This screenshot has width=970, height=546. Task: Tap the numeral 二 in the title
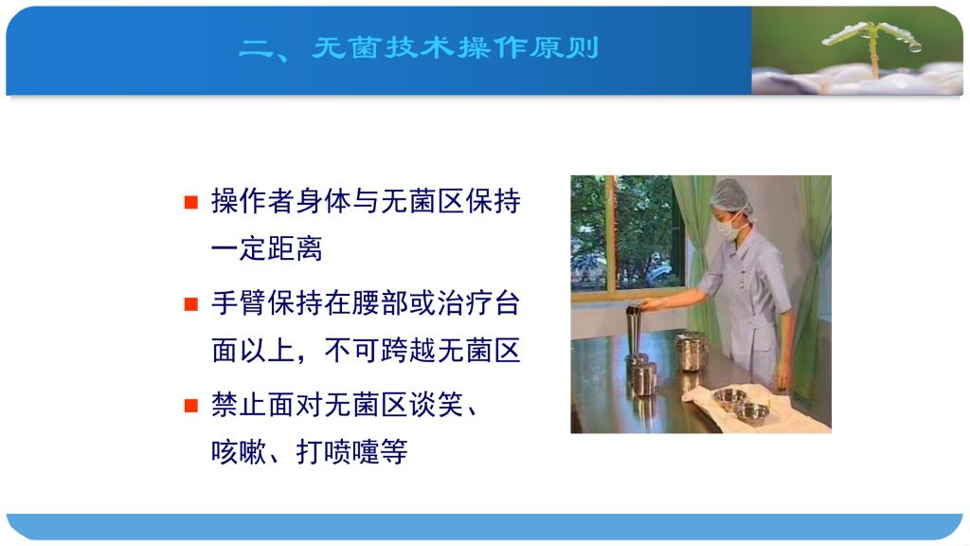point(255,47)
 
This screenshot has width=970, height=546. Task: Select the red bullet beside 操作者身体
point(191,202)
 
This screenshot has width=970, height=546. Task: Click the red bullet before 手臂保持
point(191,304)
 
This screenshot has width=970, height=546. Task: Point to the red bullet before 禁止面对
point(191,406)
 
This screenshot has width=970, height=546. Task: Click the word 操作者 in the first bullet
point(253,201)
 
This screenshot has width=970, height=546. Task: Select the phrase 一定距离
point(266,249)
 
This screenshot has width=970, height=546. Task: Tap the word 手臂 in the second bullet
point(239,303)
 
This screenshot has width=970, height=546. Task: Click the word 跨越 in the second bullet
point(407,351)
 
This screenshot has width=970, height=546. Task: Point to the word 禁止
point(239,405)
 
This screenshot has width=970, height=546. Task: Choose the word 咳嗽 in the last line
point(239,452)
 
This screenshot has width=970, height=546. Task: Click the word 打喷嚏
point(337,452)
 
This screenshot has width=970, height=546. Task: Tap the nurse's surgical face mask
point(728,227)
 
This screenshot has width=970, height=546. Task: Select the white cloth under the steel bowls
point(755,409)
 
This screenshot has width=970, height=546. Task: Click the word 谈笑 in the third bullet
point(436,405)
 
